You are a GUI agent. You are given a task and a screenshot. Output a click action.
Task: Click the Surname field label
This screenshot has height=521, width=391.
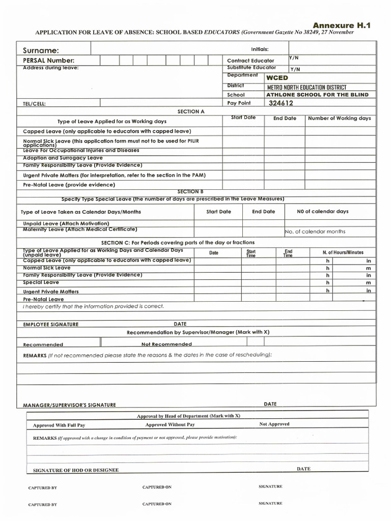coord(41,50)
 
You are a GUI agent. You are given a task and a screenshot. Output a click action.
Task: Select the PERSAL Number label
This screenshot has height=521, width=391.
coord(48,61)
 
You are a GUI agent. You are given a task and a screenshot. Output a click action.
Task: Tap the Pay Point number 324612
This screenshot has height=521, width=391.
coord(281,103)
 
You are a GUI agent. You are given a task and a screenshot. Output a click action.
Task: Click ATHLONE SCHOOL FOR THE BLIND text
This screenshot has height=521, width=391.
coord(317,95)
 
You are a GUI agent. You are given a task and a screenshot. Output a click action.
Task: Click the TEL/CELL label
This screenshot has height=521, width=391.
coord(34,104)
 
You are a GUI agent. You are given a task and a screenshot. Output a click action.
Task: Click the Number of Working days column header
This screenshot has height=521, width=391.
coord(340,119)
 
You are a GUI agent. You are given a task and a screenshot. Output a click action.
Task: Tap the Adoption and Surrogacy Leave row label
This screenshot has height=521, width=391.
coord(63,158)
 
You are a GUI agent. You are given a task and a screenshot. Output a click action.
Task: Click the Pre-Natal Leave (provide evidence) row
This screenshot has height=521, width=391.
coord(69,185)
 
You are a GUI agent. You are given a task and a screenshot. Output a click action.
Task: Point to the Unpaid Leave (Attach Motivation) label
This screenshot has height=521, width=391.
coord(66,223)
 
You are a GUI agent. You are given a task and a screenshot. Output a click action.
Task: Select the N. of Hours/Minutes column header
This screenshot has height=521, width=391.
coord(343,252)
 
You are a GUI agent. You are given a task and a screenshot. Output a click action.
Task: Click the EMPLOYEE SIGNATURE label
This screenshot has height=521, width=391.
coord(51,324)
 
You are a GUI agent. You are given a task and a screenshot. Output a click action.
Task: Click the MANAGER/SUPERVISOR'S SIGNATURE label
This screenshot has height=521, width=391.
coord(69,405)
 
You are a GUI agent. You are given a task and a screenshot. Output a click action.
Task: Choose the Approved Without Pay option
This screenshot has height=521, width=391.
coord(170,424)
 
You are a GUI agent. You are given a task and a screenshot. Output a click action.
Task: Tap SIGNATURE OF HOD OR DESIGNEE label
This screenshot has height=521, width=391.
coord(75,470)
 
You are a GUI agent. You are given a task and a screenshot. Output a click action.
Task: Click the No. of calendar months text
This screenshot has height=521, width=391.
coord(315,231)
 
